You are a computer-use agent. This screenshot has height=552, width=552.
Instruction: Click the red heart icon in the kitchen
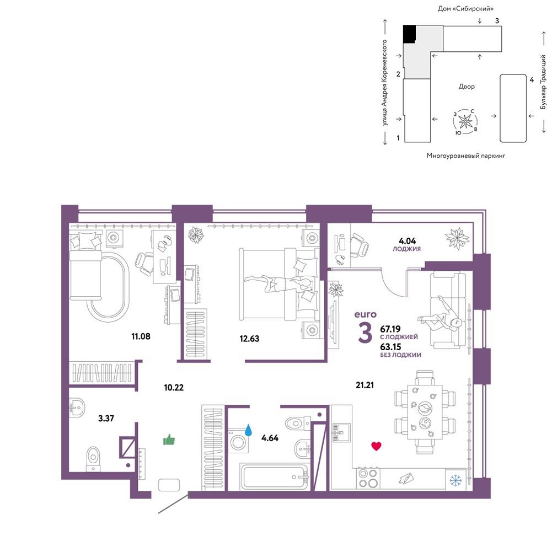[x=376, y=446]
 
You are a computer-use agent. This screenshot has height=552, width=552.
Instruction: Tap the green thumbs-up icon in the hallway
[x=169, y=440]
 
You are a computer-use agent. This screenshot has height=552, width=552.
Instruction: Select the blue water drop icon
[x=249, y=430]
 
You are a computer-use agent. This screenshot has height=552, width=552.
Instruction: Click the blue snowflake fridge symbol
[x=456, y=480]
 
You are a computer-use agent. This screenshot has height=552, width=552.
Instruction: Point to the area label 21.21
[x=365, y=385]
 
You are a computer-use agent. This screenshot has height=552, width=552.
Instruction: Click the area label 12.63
[x=249, y=339]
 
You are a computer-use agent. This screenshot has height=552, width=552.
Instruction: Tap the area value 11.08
[x=141, y=336]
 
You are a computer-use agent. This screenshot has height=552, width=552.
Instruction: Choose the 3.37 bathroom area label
[x=106, y=418]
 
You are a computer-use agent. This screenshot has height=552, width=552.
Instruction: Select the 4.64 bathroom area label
[x=270, y=438]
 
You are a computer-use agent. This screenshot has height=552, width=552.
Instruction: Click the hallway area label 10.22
[x=174, y=388]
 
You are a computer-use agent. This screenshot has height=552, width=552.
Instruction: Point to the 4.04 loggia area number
[x=407, y=241]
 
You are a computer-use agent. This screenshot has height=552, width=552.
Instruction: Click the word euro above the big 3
[x=365, y=314]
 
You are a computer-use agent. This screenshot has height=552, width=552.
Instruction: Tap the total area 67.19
[x=390, y=329]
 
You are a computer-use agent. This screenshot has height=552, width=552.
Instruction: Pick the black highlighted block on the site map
[x=409, y=34]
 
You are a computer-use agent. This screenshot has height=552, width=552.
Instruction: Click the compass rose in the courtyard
[x=465, y=122]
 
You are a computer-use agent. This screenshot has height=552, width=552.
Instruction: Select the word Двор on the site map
[x=467, y=87]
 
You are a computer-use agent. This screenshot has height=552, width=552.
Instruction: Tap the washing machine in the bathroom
[x=238, y=441]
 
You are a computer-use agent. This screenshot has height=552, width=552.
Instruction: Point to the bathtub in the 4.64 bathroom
[x=275, y=476]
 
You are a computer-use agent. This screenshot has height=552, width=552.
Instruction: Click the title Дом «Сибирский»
[x=465, y=8]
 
